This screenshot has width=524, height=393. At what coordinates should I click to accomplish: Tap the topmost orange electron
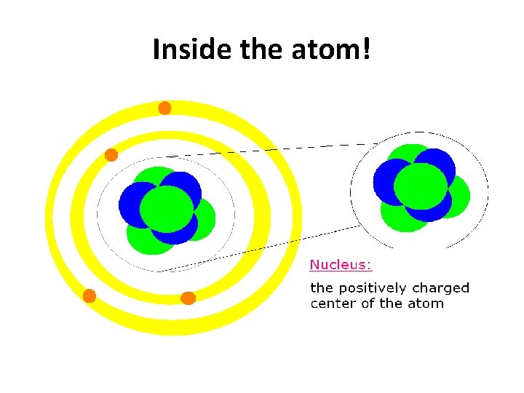[165, 108]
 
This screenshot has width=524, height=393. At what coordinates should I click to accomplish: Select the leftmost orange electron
[90, 295]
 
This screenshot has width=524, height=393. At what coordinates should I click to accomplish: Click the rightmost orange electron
[188, 298]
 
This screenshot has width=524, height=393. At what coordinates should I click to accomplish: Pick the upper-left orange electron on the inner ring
[111, 154]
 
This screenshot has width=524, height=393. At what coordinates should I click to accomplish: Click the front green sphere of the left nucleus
[167, 209]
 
